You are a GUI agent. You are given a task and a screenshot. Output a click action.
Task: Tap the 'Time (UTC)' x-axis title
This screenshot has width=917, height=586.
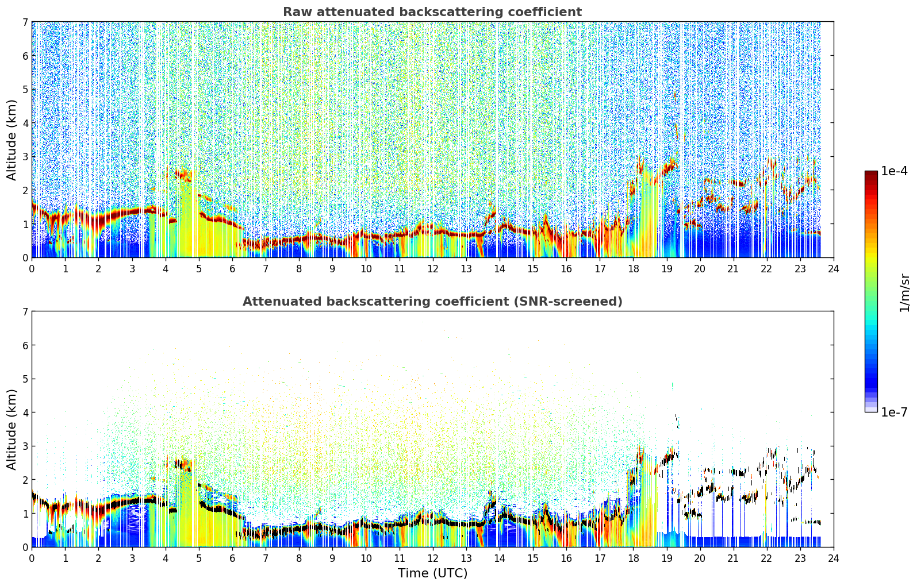click(x=432, y=573)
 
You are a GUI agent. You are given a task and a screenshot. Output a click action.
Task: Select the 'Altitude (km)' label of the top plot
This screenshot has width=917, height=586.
click(x=11, y=140)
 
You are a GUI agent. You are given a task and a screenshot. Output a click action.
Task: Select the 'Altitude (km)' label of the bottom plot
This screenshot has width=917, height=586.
click(x=11, y=429)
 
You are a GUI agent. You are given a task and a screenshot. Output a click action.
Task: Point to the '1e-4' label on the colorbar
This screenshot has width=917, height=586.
click(x=894, y=171)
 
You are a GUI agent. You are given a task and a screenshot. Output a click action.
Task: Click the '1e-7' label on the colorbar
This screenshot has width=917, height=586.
click(x=894, y=412)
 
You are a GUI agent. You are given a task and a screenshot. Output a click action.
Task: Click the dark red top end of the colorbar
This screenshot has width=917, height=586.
click(x=871, y=172)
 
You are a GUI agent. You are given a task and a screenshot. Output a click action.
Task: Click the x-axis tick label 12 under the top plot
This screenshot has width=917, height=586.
click(x=433, y=269)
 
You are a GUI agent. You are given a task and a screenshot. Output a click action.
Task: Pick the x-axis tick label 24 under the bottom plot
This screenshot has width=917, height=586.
click(x=834, y=558)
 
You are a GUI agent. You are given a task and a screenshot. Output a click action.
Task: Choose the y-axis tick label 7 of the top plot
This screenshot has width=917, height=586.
click(x=25, y=22)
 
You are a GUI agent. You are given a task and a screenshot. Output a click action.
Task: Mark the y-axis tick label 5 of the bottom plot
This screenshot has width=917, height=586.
click(x=25, y=379)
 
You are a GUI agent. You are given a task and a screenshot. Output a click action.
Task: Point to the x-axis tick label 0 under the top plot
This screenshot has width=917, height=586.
click(x=32, y=269)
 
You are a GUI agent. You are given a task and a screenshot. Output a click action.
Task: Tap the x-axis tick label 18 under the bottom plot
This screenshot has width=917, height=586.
click(x=634, y=558)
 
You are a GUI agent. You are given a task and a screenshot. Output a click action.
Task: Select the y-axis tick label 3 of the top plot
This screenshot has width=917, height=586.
click(x=25, y=157)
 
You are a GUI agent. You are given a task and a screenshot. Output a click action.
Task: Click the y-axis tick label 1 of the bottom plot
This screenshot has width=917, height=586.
click(x=25, y=514)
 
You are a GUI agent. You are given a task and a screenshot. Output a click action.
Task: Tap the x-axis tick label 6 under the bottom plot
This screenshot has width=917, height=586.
click(x=232, y=558)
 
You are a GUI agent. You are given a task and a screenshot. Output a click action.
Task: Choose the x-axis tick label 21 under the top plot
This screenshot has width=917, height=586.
click(x=733, y=269)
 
